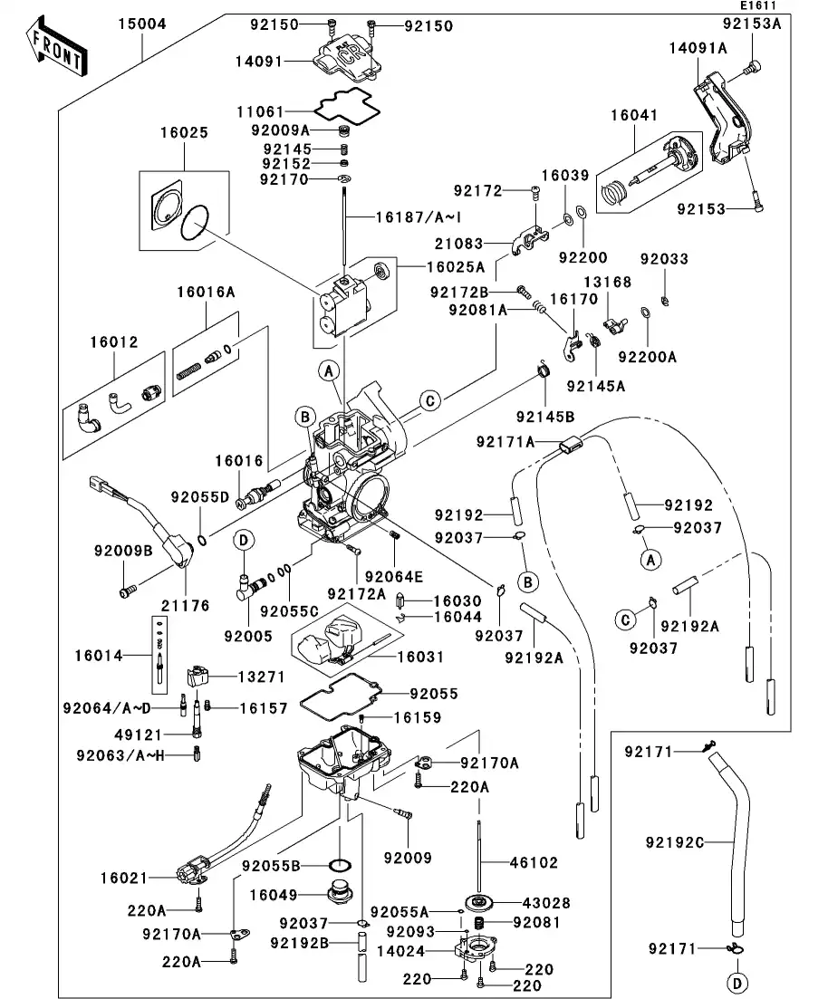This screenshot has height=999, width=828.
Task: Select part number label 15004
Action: (141, 24)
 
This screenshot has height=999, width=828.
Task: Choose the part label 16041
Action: (634, 116)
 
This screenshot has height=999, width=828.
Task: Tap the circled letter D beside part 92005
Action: (244, 541)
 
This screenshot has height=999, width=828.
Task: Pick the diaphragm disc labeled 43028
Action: (480, 902)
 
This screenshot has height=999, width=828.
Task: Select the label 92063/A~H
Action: (119, 754)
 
